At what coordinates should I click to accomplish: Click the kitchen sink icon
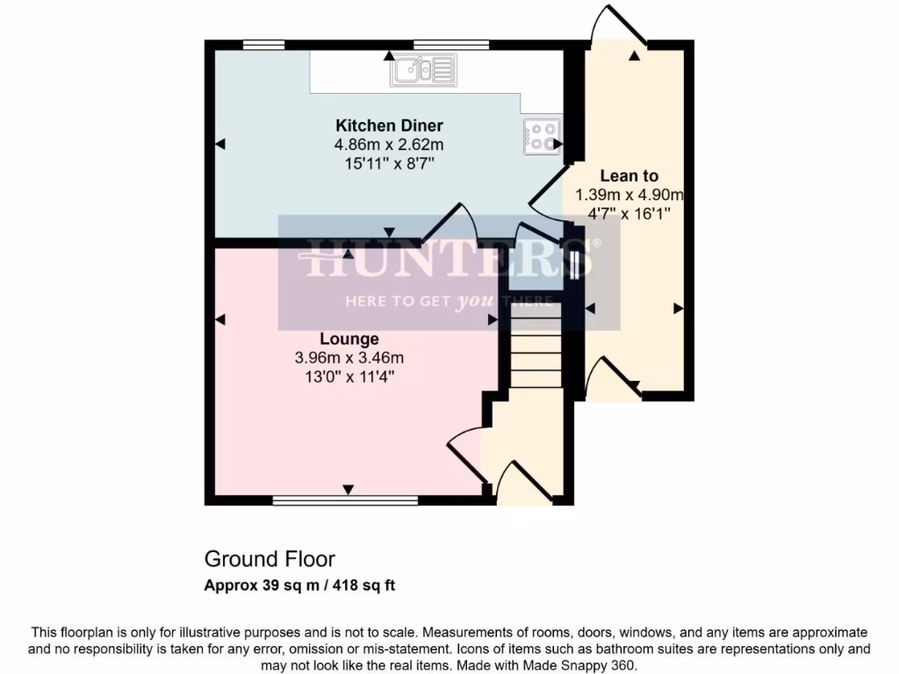pos(424,70)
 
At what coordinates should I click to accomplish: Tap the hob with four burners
pos(542,137)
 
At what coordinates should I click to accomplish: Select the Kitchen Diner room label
pos(389,125)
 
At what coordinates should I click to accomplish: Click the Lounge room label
pos(349,339)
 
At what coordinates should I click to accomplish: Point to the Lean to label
pos(629,176)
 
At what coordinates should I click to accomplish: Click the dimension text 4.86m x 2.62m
pos(389,145)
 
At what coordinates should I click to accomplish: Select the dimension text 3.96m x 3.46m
pos(349,358)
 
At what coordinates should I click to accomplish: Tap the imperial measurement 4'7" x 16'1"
pos(629,213)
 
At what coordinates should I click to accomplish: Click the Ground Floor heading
pos(270,559)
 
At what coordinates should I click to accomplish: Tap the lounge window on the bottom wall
pos(345,501)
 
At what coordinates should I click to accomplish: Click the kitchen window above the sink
pos(451,44)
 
